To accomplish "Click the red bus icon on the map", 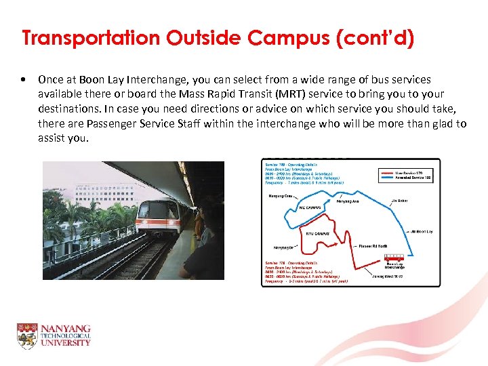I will pos(394,259).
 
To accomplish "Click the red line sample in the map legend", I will pos(386,174).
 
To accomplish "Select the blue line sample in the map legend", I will pos(386,179).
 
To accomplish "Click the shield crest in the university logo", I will pos(27,336).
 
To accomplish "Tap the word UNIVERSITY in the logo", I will pos(64,344).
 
